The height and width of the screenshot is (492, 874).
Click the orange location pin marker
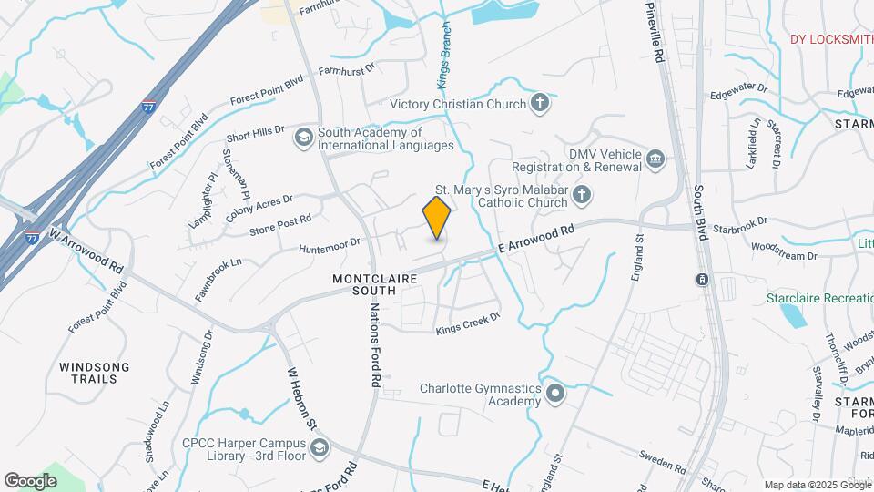click(437, 217)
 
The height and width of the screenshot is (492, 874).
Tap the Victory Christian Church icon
click(540, 103)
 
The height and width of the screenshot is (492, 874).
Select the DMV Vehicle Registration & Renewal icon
click(655, 160)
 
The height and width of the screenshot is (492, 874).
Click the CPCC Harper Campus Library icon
click(320, 447)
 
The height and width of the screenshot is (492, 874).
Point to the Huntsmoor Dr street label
click(330, 245)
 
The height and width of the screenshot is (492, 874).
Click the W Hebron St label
click(301, 398)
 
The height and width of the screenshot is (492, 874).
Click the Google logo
click(30, 480)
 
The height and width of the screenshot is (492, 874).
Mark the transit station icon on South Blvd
click(702, 279)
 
